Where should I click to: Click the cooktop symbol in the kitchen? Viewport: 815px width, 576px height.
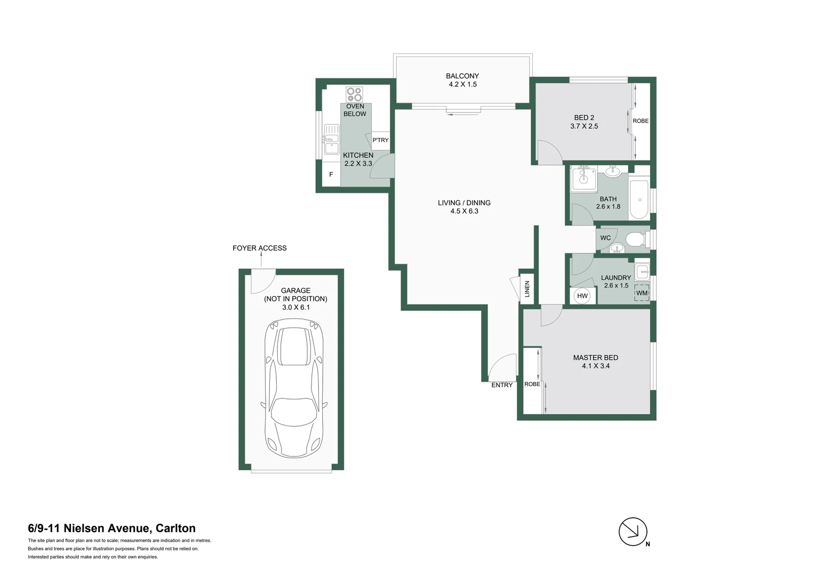click(354, 94)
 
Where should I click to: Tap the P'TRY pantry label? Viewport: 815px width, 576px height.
click(380, 140)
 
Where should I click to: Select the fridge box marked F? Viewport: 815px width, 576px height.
click(331, 174)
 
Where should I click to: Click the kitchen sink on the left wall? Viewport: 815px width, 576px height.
click(331, 139)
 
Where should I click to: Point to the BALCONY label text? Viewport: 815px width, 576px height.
click(462, 76)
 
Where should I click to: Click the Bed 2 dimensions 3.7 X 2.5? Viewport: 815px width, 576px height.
click(584, 126)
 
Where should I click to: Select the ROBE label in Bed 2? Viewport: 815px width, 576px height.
click(641, 121)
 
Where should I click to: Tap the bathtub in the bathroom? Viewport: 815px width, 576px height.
click(639, 200)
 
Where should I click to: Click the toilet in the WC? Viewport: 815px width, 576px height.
click(635, 238)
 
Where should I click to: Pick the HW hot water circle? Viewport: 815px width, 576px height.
click(582, 296)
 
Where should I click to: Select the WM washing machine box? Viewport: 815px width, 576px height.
click(642, 293)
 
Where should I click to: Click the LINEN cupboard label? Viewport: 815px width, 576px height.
click(527, 289)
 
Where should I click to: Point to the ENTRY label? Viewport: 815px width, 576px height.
click(502, 385)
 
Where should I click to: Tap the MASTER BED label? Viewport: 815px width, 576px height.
click(595, 358)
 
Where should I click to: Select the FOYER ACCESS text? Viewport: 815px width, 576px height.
click(259, 248)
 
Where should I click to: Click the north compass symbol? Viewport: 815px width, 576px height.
click(633, 532)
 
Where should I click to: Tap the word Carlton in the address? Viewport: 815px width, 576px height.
click(175, 529)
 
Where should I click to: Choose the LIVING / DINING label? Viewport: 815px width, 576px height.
click(464, 203)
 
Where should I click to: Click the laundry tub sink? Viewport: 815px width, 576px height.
click(642, 271)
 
